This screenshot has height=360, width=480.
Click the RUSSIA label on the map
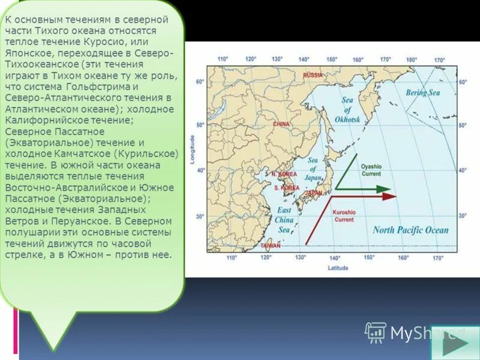(x=313, y=75)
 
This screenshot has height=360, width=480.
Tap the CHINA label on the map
(x=281, y=124)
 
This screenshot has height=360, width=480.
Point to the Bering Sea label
(x=422, y=93)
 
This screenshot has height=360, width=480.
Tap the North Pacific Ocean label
(x=410, y=230)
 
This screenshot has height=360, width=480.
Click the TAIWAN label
(x=271, y=246)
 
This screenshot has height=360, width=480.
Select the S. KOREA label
(x=286, y=188)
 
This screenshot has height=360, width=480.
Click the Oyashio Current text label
(x=371, y=170)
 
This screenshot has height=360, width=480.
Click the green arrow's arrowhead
(x=385, y=188)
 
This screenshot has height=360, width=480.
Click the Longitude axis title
(x=193, y=150)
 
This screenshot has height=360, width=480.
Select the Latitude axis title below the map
(x=338, y=268)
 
